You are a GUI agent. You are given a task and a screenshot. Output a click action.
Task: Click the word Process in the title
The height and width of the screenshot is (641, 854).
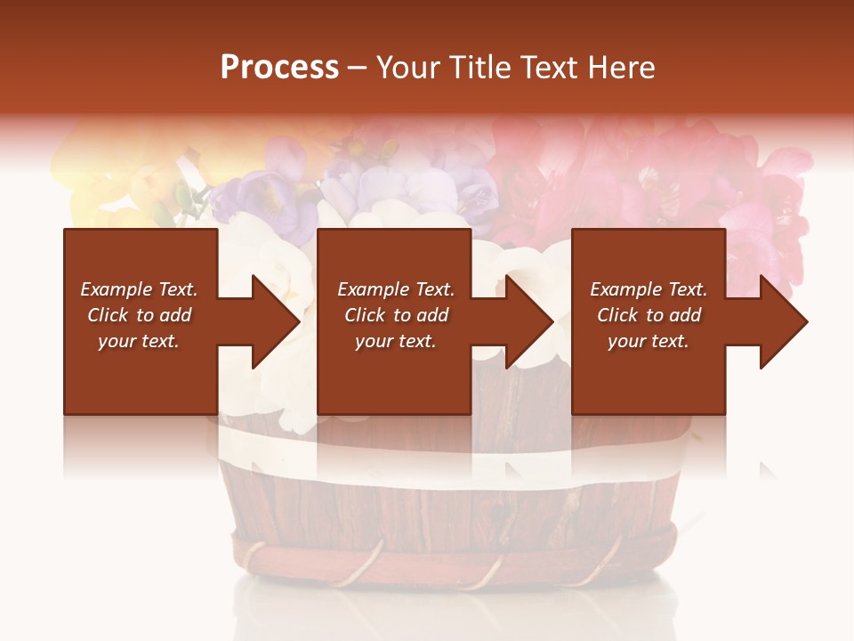279,68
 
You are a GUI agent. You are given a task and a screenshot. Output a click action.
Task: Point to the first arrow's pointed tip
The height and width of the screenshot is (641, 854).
299,321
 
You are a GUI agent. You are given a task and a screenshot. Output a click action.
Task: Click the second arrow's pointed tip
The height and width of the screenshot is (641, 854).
552,321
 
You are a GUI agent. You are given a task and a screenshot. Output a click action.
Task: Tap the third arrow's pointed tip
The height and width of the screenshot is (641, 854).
806,321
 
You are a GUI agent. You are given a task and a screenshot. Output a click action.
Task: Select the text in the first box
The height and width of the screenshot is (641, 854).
140,315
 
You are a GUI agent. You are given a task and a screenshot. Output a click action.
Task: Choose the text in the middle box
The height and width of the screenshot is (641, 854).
396,315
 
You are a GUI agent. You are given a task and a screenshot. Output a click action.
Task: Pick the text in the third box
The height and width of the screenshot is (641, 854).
649,315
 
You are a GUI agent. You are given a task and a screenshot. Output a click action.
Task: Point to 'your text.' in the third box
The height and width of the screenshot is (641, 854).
649,341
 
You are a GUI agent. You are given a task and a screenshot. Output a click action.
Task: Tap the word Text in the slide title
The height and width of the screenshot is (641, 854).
548,68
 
